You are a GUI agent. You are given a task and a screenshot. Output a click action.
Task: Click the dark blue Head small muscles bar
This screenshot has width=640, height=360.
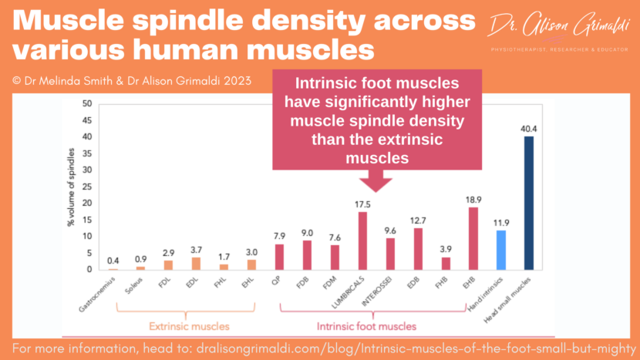pyautogui.click(x=528, y=204)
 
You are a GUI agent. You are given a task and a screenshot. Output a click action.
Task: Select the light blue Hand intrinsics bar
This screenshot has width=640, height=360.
pyautogui.click(x=500, y=251)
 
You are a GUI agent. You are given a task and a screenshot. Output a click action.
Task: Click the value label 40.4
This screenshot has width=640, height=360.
pyautogui.click(x=528, y=129)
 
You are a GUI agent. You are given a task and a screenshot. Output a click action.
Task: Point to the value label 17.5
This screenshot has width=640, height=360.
pyautogui.click(x=362, y=204)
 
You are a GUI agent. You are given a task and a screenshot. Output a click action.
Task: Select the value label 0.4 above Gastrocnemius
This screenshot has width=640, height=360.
pyautogui.click(x=113, y=260)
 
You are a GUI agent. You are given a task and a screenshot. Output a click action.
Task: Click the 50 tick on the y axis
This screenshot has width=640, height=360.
pyautogui.click(x=86, y=103)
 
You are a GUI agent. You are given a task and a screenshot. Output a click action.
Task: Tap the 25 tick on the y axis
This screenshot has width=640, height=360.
pyautogui.click(x=86, y=187)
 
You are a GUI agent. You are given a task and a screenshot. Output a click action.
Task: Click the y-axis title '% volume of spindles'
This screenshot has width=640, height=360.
pyautogui.click(x=71, y=187)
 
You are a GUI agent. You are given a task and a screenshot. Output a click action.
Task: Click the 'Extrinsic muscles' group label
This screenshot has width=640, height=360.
pyautogui.click(x=184, y=326)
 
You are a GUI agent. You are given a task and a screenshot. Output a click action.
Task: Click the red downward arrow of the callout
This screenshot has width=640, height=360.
pyautogui.click(x=377, y=181)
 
